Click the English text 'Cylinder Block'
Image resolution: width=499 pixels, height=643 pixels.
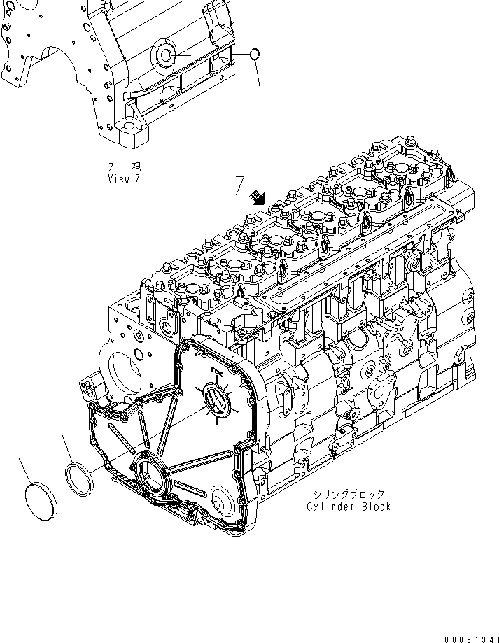pos(349,507)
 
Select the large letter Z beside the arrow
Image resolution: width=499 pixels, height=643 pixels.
pos(240,185)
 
